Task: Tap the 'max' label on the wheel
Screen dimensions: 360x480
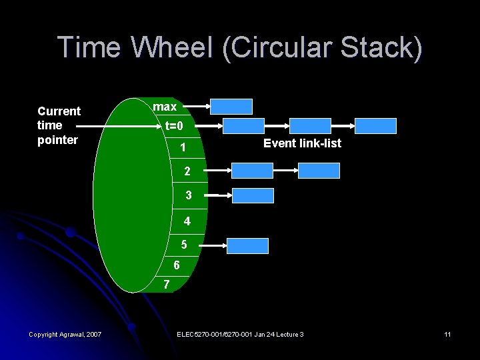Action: (165, 107)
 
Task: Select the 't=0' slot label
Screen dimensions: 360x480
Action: (179, 126)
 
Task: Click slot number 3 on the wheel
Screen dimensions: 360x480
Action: (189, 195)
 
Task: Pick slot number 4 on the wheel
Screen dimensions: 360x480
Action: (187, 221)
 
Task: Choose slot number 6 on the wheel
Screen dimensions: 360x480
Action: (176, 265)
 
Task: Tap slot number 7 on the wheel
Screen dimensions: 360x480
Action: (167, 285)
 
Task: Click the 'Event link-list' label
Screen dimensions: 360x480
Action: (302, 143)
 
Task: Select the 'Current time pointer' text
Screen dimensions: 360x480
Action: (59, 125)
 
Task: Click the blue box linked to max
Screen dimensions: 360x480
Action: (231, 107)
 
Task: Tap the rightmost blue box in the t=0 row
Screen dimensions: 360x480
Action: (375, 126)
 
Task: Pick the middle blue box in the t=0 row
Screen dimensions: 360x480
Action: (309, 126)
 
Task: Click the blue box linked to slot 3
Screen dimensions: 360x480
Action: (253, 195)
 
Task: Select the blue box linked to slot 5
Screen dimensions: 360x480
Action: (247, 245)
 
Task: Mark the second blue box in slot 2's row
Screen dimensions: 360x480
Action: (319, 171)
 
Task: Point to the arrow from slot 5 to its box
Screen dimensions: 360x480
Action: (213, 245)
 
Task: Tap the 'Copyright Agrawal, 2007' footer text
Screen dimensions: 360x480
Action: (65, 334)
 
